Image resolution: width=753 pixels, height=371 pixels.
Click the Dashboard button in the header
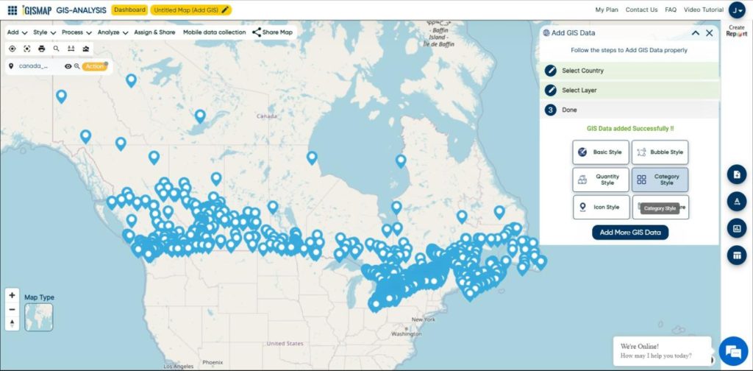click(x=129, y=10)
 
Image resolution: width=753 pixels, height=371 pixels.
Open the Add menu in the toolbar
click(x=17, y=32)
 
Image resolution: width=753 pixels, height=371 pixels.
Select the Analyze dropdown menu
click(x=113, y=32)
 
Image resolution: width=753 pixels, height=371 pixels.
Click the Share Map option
click(x=272, y=32)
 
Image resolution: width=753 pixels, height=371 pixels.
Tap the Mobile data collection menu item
click(x=214, y=32)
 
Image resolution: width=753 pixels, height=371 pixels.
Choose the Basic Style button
click(x=601, y=152)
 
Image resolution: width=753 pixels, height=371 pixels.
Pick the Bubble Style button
click(x=660, y=152)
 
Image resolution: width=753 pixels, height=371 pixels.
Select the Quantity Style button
click(x=601, y=180)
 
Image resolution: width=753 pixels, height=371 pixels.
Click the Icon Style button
click(x=601, y=207)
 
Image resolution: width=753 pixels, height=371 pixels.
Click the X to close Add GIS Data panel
click(x=709, y=32)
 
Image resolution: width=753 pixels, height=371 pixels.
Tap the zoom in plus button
click(x=12, y=295)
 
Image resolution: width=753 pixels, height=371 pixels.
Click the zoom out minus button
click(x=12, y=309)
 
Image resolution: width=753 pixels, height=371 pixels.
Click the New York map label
click(x=424, y=319)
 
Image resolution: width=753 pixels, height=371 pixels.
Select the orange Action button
click(x=94, y=66)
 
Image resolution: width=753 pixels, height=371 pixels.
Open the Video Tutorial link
click(x=702, y=10)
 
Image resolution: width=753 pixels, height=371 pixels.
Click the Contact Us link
click(x=641, y=10)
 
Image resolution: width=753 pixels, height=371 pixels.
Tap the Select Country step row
click(x=629, y=71)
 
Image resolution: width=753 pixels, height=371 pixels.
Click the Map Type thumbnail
click(x=38, y=317)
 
